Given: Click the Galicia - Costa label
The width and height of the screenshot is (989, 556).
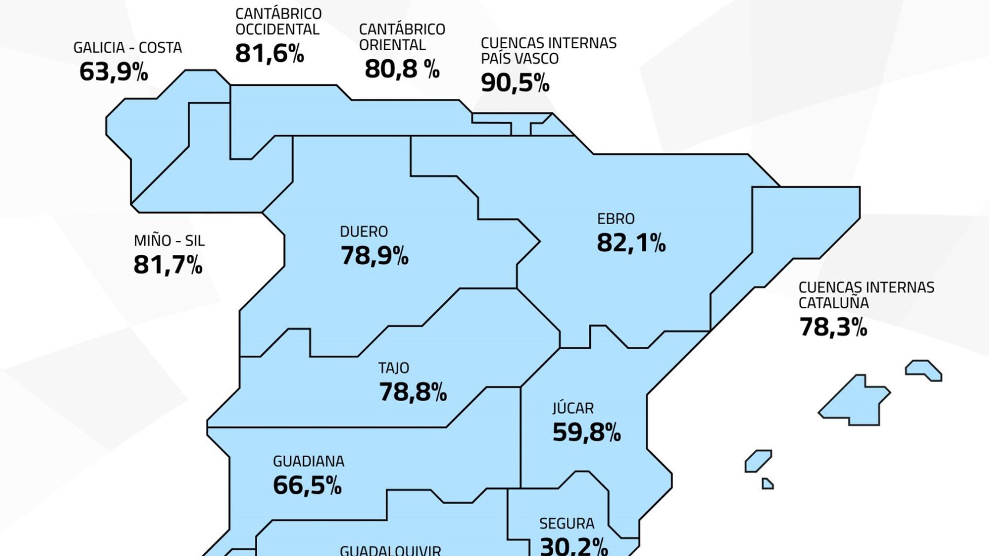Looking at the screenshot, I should coord(128,48).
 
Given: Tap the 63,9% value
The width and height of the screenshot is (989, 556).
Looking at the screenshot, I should coord(113,72).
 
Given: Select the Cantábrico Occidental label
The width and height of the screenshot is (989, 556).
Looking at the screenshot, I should coord(278,21).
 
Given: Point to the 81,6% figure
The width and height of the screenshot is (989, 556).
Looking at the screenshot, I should coord(269,54).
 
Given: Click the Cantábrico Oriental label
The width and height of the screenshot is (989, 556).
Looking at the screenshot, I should coord(402,37).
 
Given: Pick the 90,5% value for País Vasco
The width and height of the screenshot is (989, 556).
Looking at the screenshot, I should coord(515,83).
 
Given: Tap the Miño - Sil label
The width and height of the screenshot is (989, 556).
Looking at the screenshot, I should coord(169,241).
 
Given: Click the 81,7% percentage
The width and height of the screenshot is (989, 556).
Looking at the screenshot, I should coord(168,265).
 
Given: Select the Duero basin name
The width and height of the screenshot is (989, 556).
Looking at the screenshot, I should coord(364,231).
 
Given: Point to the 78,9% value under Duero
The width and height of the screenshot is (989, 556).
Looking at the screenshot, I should coord(374,256).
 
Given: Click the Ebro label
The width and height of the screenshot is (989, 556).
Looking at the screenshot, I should coord(616,219).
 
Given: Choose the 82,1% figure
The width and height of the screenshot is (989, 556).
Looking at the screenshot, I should coord(631,243).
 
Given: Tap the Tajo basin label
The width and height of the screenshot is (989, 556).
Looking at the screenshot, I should coord(394,368).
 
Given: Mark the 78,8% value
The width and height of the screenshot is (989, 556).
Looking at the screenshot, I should coord(413,392).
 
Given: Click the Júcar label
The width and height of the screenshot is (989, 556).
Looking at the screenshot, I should coord(573,408).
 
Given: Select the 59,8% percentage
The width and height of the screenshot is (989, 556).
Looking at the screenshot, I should coord(587,432).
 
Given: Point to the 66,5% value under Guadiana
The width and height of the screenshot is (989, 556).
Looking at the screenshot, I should coord(307,485).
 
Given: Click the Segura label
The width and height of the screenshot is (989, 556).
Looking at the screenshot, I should coord(566,523).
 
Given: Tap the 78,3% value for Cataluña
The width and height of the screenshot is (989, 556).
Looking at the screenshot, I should coord(833,327).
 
